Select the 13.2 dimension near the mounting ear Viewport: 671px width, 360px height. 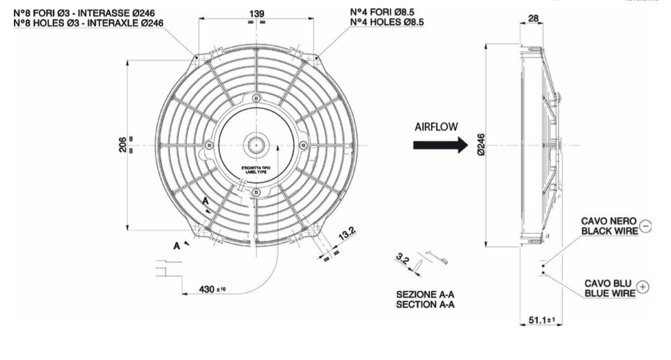pyautogui.click(x=347, y=235)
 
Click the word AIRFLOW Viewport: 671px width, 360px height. pyautogui.click(x=436, y=126)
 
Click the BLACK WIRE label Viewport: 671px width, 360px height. pyautogui.click(x=609, y=231)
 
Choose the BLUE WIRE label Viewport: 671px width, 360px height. pyautogui.click(x=609, y=293)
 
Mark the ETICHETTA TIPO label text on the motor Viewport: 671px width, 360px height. pyautogui.click(x=255, y=169)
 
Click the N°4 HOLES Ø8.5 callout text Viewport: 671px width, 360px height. pyautogui.click(x=387, y=21)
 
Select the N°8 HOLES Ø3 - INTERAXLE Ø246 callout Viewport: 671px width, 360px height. pyautogui.click(x=88, y=22)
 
